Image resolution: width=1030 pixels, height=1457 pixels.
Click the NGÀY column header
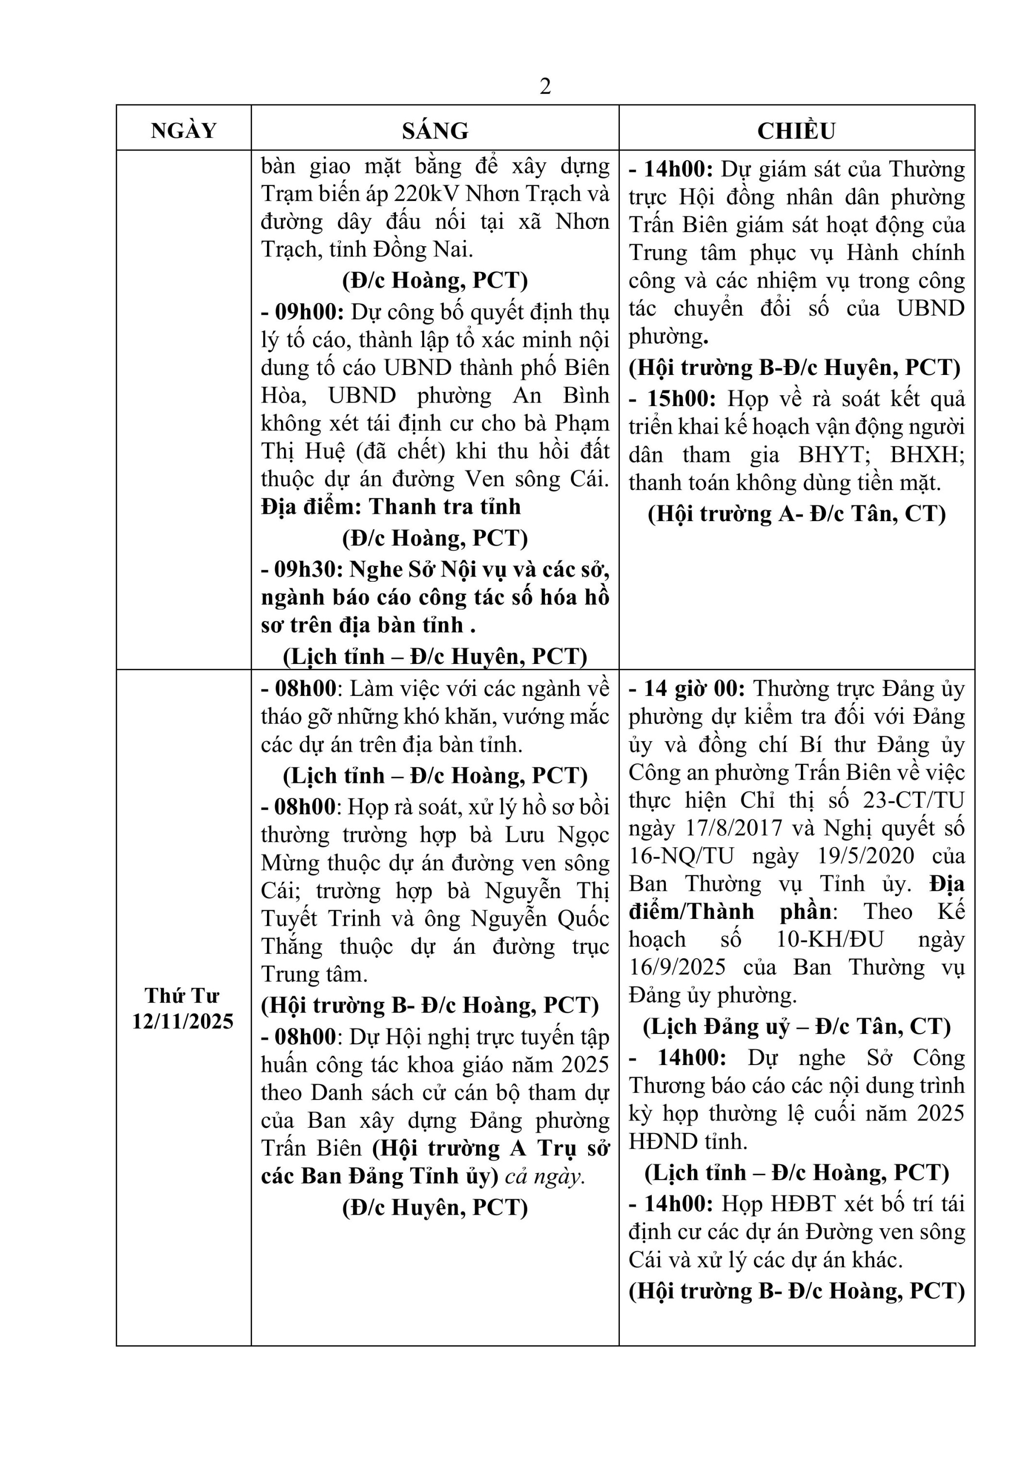coord(183,131)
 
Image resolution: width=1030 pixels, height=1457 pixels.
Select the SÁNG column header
coord(435,131)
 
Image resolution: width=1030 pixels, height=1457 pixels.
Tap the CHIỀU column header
coord(796,131)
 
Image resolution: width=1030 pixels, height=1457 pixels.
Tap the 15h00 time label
coord(681,399)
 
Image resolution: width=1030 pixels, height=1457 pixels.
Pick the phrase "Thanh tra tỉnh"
coord(445,507)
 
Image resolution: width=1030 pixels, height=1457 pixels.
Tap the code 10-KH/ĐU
coord(830,939)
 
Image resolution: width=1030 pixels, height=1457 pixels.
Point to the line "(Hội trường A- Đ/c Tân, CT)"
coord(797,513)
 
